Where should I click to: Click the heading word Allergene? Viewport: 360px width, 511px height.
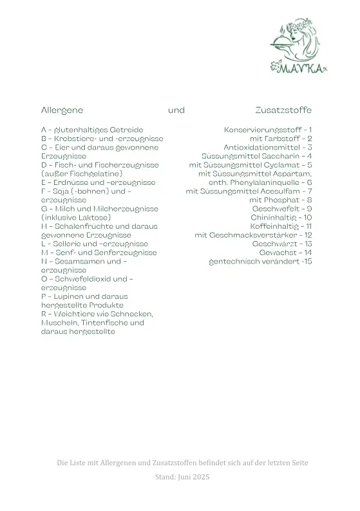pos(62,110)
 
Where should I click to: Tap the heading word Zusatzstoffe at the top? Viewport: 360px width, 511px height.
pos(283,110)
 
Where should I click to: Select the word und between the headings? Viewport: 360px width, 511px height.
pos(176,110)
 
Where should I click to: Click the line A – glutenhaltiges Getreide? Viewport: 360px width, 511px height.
pos(92,130)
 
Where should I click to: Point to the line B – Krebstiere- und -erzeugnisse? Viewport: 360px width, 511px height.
pos(102,139)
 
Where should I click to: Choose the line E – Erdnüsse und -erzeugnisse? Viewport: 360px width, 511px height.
pos(98,182)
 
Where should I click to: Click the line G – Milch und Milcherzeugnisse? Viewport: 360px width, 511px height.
pos(99,209)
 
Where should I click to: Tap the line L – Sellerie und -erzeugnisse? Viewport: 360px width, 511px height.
pos(94,244)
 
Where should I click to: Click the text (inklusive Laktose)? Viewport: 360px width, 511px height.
pos(76,218)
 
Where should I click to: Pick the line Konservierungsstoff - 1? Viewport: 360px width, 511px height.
pos(268,130)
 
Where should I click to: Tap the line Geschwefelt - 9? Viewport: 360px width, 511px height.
pos(282,209)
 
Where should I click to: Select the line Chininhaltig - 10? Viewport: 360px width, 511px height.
pos(281,218)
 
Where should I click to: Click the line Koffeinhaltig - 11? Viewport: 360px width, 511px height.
pos(281,227)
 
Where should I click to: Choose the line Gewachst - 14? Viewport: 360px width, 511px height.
pos(285,253)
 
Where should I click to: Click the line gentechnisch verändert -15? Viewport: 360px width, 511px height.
pos(260,262)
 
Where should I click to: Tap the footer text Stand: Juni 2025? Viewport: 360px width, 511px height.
pos(182,477)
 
